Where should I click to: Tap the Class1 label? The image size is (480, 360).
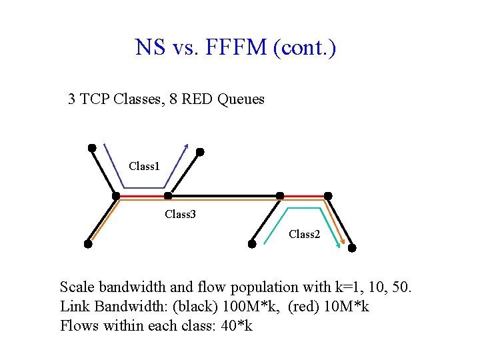[144, 166]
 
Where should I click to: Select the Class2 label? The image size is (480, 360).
[304, 235]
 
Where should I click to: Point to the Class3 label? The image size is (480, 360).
[180, 215]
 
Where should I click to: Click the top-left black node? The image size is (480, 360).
[92, 147]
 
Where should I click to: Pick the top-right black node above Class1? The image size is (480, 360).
[199, 152]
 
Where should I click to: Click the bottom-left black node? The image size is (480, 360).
[88, 244]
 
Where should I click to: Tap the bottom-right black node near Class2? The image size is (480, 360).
[352, 247]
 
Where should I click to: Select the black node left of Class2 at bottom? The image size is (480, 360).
[252, 244]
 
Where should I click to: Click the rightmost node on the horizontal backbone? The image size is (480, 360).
[328, 196]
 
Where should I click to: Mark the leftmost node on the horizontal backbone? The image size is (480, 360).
[116, 196]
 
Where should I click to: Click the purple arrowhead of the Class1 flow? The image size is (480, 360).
[187, 147]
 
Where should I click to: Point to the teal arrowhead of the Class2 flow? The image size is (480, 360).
[338, 245]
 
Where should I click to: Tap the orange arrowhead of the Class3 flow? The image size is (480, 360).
[344, 243]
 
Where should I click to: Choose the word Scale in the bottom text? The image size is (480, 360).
[76, 287]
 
